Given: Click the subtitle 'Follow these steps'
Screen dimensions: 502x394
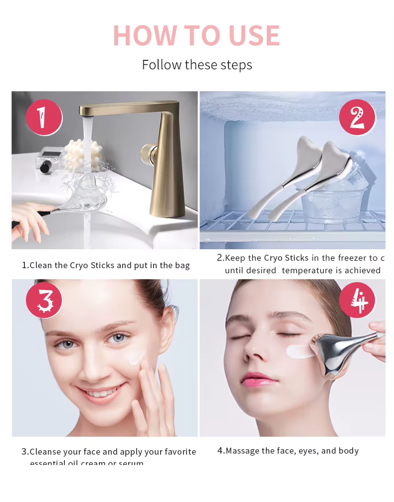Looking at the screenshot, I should tap(197, 65).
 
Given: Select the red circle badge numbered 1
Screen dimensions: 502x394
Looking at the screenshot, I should tap(44, 118).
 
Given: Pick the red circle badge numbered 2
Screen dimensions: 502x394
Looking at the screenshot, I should tap(357, 118).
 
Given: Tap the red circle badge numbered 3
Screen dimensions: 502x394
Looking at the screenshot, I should tap(44, 301).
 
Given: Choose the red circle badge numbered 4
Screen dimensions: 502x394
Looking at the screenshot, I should tap(357, 301).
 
